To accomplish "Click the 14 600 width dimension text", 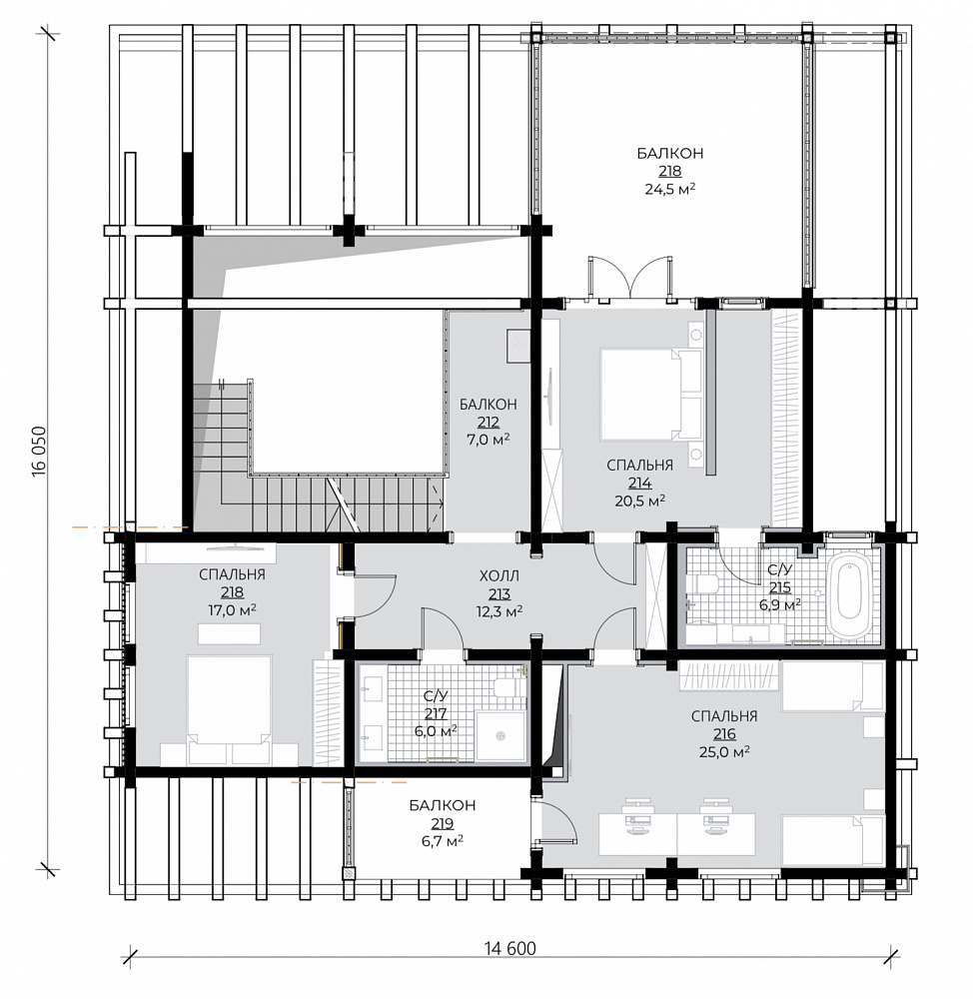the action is [509, 949].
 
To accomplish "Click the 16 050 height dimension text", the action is [40, 451].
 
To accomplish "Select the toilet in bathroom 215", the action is [707, 583].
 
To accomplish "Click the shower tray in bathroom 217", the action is [501, 736].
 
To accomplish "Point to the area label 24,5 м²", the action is [669, 189].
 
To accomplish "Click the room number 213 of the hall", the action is [499, 594].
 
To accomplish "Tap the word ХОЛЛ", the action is [499, 576].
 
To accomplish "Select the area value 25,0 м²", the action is [724, 752].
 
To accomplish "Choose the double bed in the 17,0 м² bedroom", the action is [230, 710].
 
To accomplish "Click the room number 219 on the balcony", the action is [442, 823].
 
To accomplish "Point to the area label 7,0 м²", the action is [488, 440].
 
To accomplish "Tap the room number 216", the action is [724, 734].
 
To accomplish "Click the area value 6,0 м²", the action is [436, 731].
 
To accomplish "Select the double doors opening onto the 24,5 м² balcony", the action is [630, 278].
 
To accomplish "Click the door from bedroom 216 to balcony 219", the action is [555, 824].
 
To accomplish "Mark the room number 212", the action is [488, 423].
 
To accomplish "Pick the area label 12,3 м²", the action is [499, 611].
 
